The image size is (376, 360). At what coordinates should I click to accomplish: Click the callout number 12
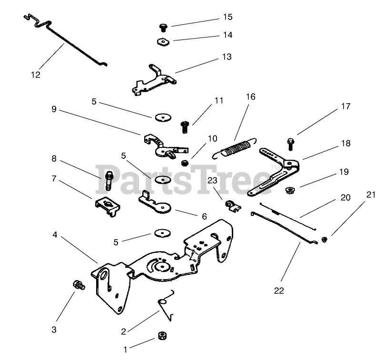pyautogui.click(x=36, y=74)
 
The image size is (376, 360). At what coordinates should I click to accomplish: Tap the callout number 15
pyautogui.click(x=228, y=17)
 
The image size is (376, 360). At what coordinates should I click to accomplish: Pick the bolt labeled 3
pyautogui.click(x=77, y=285)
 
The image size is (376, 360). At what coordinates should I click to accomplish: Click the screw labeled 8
pyautogui.click(x=109, y=180)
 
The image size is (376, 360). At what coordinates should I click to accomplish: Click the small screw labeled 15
pyautogui.click(x=163, y=26)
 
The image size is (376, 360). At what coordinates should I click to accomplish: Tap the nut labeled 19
pyautogui.click(x=289, y=191)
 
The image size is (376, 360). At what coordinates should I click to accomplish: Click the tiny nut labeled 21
pyautogui.click(x=323, y=239)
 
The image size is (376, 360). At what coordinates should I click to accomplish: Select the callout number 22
pyautogui.click(x=279, y=291)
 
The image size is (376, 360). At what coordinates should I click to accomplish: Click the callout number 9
pyautogui.click(x=54, y=109)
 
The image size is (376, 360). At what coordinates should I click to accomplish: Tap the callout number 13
pyautogui.click(x=227, y=57)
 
